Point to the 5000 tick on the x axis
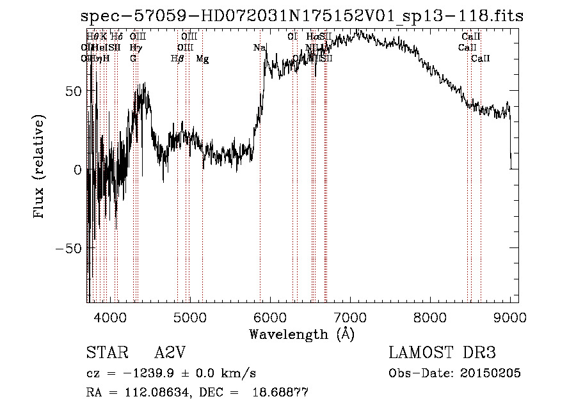pyautogui.click(x=190, y=317)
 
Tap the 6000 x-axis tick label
pyautogui.click(x=270, y=317)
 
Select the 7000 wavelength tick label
pyautogui.click(x=350, y=317)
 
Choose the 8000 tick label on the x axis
pyautogui.click(x=430, y=317)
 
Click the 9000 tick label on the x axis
pyautogui.click(x=510, y=317)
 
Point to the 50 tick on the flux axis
pyautogui.click(x=74, y=91)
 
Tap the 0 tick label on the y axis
pyautogui.click(x=78, y=170)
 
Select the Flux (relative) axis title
pyautogui.click(x=40, y=168)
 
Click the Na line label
pyautogui.click(x=259, y=48)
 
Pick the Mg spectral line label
pyautogui.click(x=202, y=59)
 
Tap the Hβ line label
pyautogui.click(x=177, y=59)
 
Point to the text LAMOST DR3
pyautogui.click(x=442, y=353)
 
